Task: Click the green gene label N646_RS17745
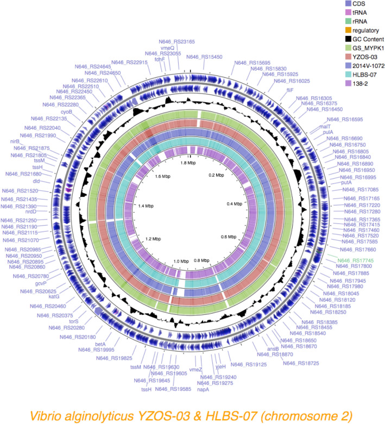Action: pyautogui.click(x=356, y=260)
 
